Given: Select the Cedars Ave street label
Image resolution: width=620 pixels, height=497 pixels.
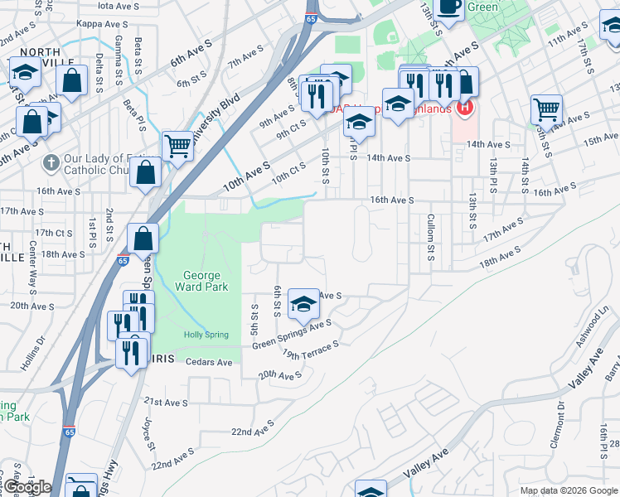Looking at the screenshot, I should click(x=209, y=362).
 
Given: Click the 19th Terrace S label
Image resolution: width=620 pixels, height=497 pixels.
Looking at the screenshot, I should click(x=311, y=350).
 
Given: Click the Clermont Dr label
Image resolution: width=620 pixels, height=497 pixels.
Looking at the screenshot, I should click(x=558, y=425).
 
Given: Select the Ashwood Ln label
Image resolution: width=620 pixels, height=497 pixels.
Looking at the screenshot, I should click(x=593, y=324).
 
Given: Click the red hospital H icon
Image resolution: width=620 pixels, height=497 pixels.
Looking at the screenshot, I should click(x=465, y=107).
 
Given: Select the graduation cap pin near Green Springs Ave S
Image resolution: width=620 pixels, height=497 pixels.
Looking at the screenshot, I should click(x=304, y=303).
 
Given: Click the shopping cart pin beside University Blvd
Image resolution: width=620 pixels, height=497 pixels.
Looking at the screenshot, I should click(x=177, y=146).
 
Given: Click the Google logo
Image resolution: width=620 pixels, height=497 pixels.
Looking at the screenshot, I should click(x=27, y=488).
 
